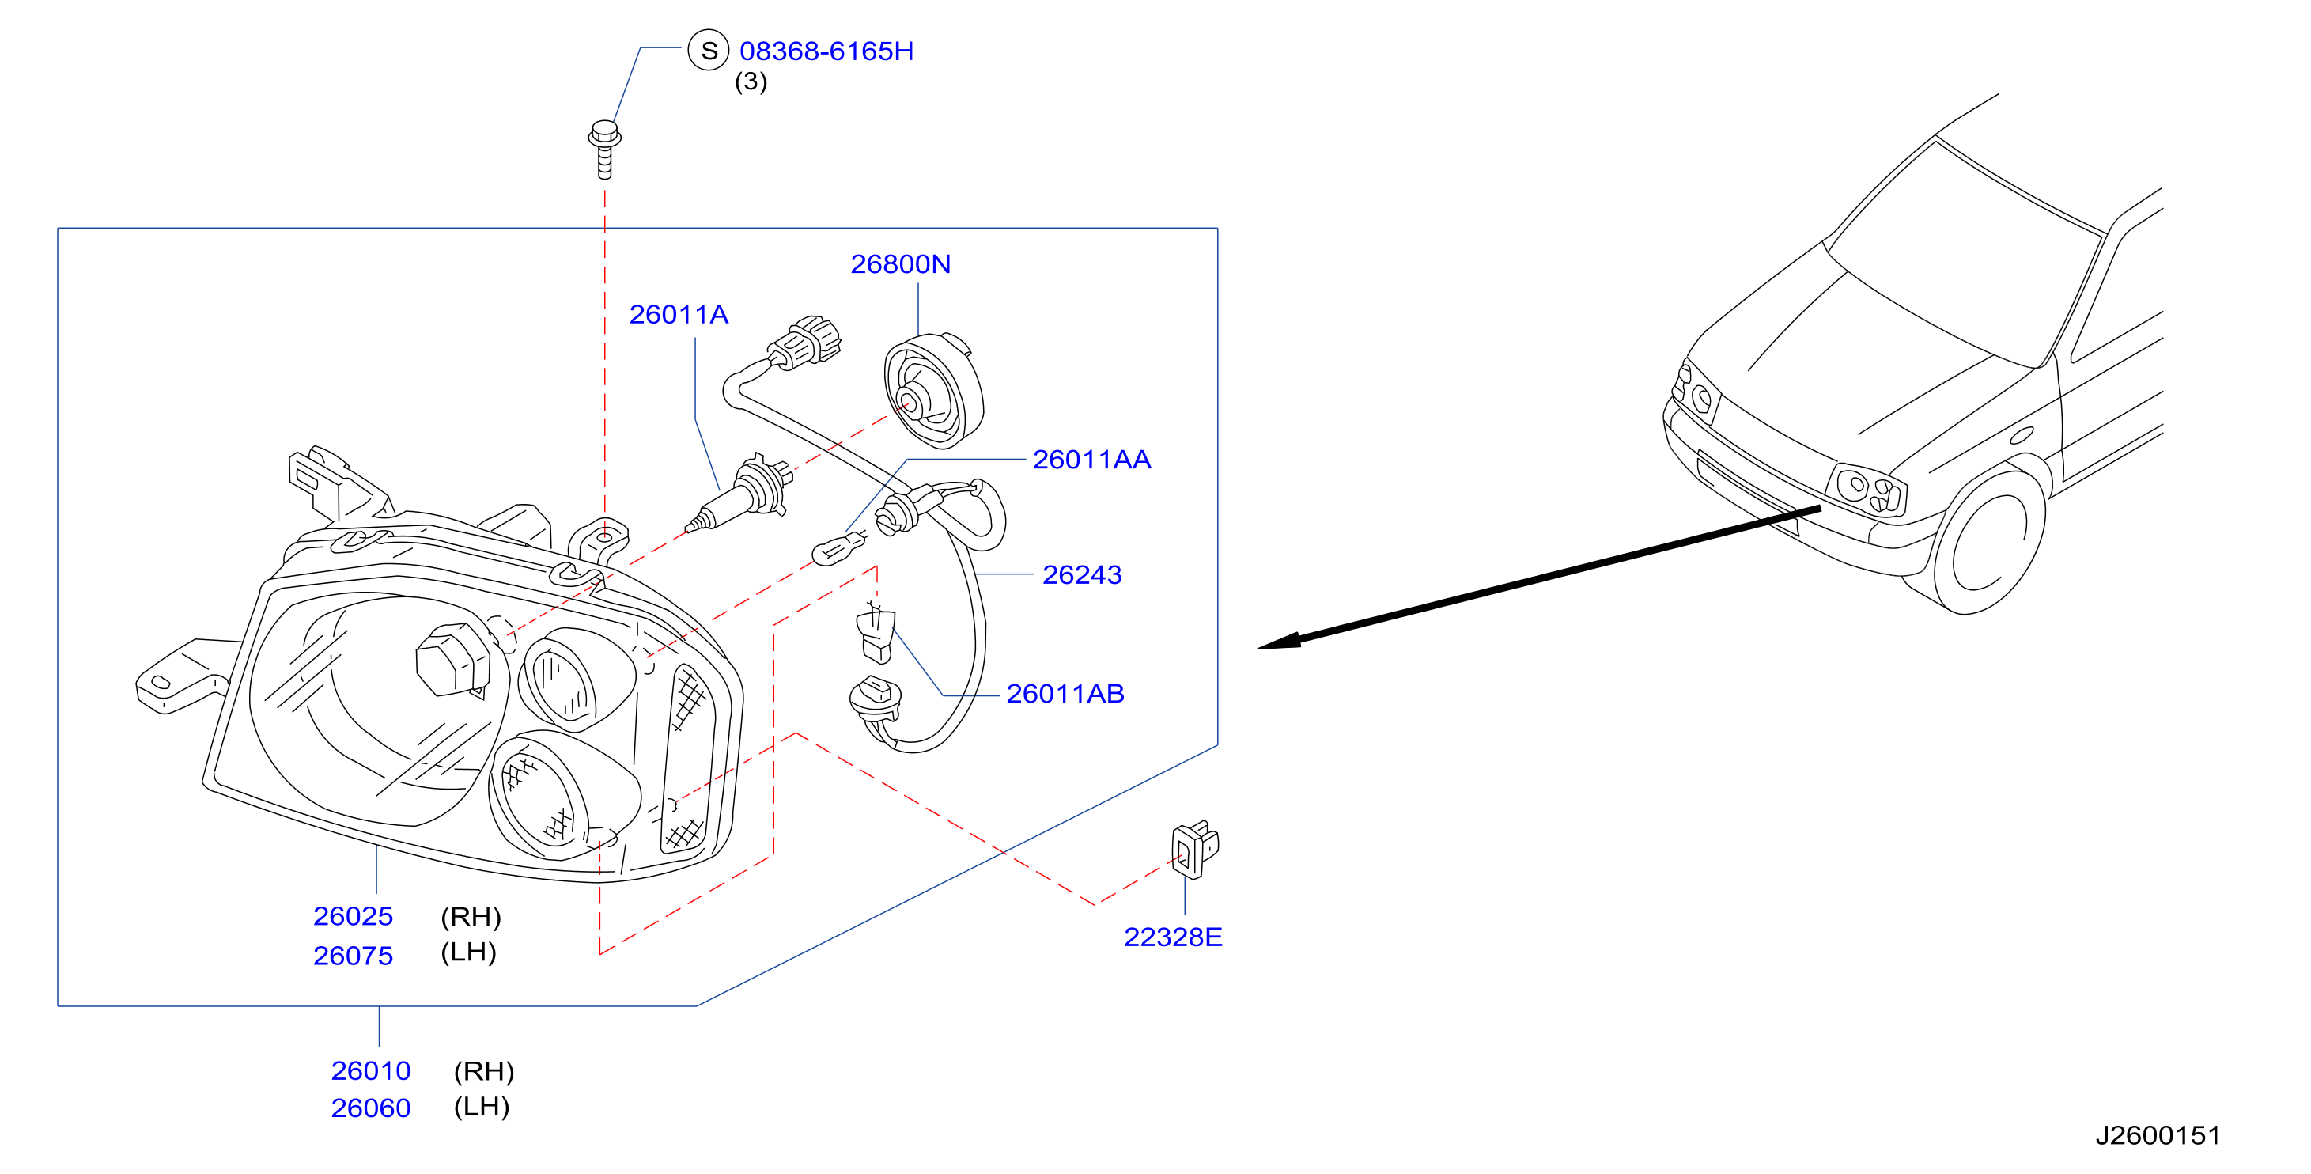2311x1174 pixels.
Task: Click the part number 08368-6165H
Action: pos(826,51)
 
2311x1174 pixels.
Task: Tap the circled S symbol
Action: pos(709,51)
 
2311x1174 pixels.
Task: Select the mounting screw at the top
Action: pos(605,149)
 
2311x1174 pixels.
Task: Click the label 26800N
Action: pos(900,264)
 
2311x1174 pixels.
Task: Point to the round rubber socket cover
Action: pos(934,392)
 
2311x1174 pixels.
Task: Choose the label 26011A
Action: pos(679,314)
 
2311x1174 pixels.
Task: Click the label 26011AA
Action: pos(1091,460)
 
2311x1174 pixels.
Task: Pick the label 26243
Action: pos(1082,574)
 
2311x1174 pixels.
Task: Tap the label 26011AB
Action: pos(1065,694)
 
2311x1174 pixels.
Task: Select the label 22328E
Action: pos(1173,937)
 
